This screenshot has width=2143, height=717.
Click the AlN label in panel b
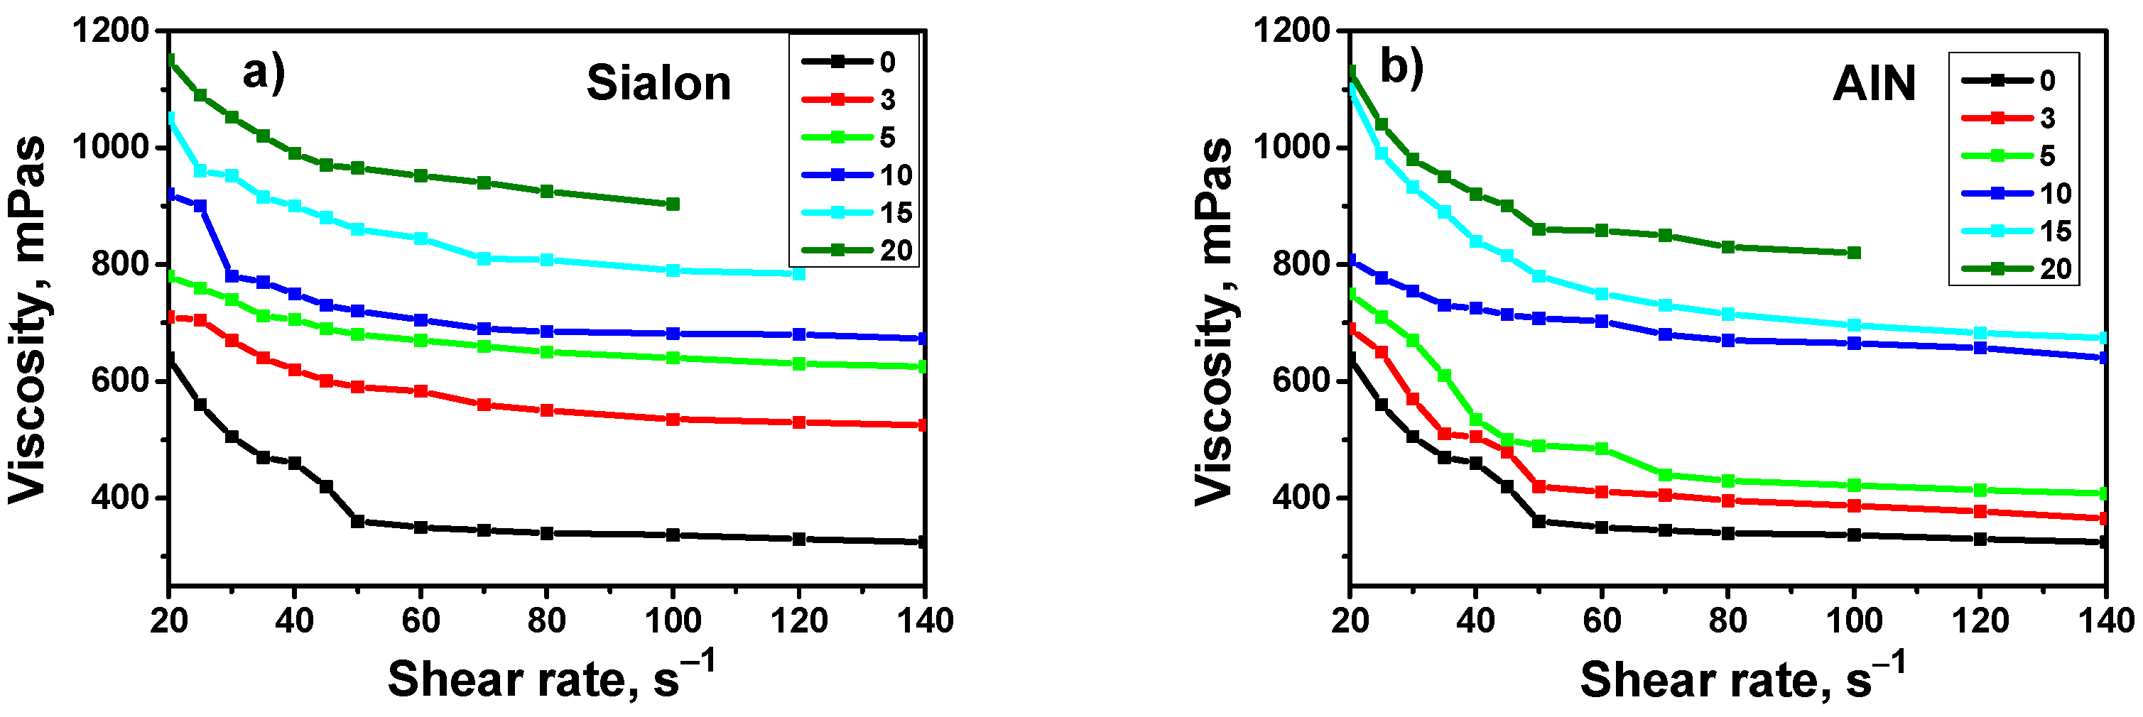[x=1874, y=83]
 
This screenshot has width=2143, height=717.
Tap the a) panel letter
[x=264, y=72]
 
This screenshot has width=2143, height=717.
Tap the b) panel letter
[x=1401, y=67]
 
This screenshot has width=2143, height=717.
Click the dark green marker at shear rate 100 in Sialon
[x=673, y=204]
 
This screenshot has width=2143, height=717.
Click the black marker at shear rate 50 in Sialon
[x=358, y=522]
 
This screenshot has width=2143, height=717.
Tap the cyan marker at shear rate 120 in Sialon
[x=798, y=273]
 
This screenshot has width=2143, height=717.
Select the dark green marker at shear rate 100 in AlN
[x=1855, y=253]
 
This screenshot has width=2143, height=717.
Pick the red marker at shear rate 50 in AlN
[x=1539, y=486]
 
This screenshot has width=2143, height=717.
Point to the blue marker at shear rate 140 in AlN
[x=2105, y=358]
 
